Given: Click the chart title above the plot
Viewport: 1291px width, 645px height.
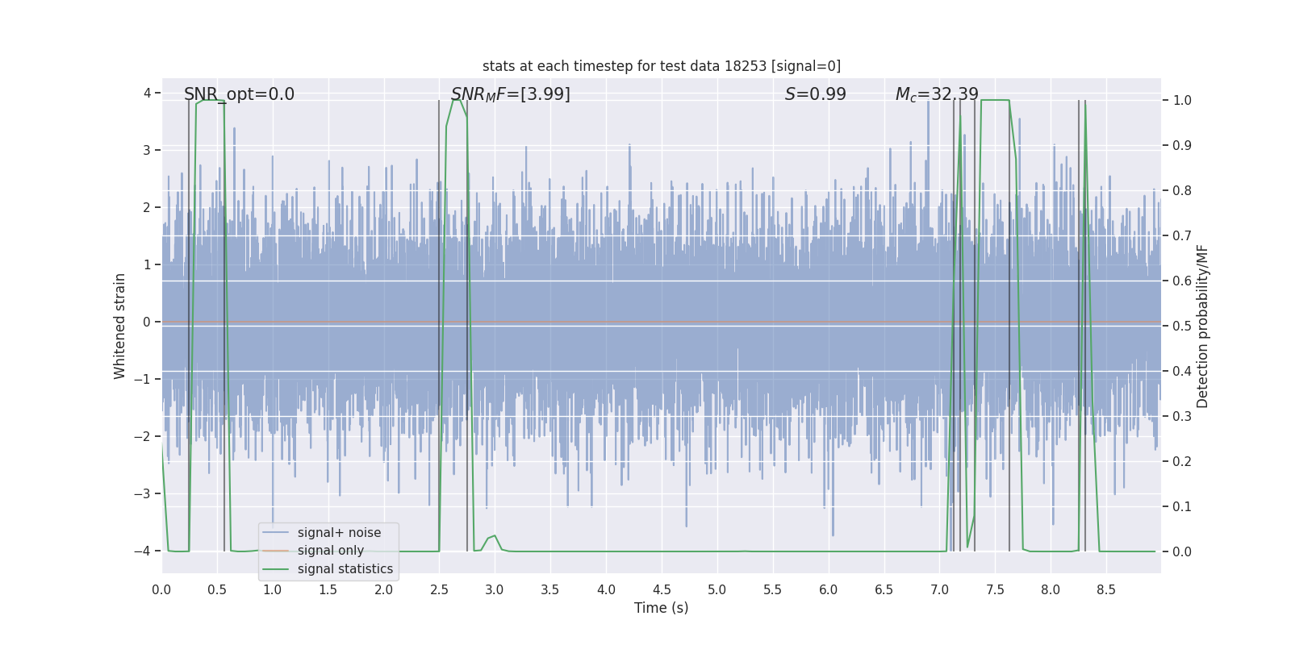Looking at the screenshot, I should pos(661,66).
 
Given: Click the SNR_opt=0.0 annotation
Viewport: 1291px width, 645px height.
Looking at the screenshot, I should pos(239,94).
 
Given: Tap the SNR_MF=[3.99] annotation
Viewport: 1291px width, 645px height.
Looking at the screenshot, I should pos(510,94).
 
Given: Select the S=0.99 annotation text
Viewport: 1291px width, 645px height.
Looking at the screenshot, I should pos(815,94).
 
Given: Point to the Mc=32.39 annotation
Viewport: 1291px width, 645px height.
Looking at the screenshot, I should pos(936,94).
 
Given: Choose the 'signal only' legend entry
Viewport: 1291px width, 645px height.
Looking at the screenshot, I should pos(330,551).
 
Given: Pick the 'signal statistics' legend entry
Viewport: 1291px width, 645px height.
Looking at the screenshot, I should pos(345,569).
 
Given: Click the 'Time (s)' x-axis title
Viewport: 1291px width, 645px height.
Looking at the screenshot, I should pos(661,608).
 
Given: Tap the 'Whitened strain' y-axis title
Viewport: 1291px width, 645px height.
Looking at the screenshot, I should pos(120,326).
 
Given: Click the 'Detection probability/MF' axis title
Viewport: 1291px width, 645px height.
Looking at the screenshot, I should pos(1202,326).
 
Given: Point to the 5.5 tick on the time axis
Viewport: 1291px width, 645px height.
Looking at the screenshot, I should pos(772,590).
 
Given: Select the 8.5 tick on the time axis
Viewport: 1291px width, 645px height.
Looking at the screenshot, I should pos(1105,590).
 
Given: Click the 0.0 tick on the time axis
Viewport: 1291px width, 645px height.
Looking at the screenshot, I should pos(161,590).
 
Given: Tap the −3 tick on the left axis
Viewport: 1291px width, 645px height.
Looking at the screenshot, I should pos(146,493).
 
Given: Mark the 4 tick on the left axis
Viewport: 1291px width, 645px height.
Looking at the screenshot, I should pos(148,93).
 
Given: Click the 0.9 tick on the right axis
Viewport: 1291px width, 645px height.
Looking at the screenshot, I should pos(1181,146).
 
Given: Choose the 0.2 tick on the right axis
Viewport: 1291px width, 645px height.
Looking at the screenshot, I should pos(1181,462).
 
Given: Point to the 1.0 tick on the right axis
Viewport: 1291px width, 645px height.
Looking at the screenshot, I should pos(1181,101).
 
